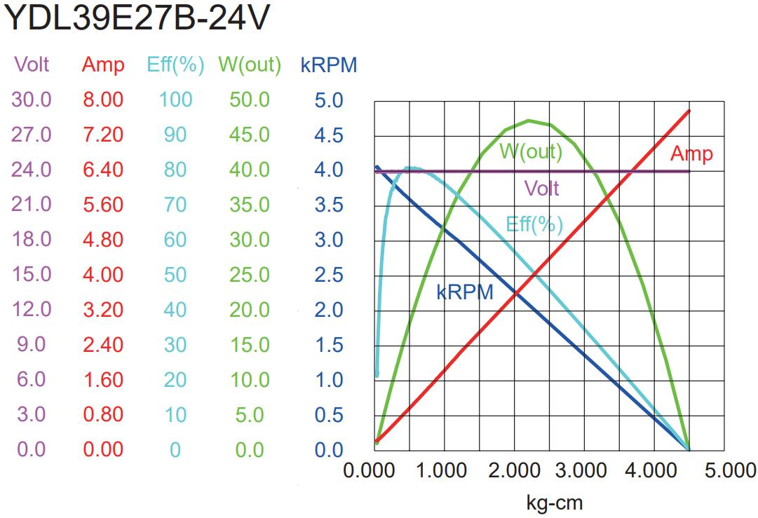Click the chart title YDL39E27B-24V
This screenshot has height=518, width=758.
pyautogui.click(x=136, y=20)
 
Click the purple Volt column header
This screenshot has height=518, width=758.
pyautogui.click(x=32, y=64)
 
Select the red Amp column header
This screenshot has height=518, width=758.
pyautogui.click(x=103, y=65)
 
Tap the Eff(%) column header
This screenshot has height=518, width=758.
pyautogui.click(x=175, y=65)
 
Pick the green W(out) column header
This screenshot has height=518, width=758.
pyautogui.click(x=250, y=65)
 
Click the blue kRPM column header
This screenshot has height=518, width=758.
pyautogui.click(x=329, y=65)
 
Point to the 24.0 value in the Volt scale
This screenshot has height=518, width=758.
pyautogui.click(x=32, y=170)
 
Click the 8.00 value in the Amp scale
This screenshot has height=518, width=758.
pyautogui.click(x=103, y=100)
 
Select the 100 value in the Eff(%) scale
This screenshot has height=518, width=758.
pyautogui.click(x=175, y=100)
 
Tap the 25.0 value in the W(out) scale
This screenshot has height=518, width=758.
pyautogui.click(x=250, y=275)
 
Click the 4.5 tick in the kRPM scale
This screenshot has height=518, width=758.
pyautogui.click(x=329, y=135)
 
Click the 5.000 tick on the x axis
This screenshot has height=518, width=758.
pyautogui.click(x=726, y=470)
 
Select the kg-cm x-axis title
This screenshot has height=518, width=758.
pyautogui.click(x=554, y=502)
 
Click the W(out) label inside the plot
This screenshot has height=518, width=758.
pyautogui.click(x=531, y=151)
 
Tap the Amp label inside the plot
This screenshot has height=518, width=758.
pyautogui.click(x=691, y=154)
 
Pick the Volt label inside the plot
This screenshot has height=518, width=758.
pyautogui.click(x=541, y=188)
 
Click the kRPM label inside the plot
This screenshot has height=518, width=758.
pyautogui.click(x=465, y=292)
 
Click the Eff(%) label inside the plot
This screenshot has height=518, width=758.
pyautogui.click(x=534, y=224)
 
